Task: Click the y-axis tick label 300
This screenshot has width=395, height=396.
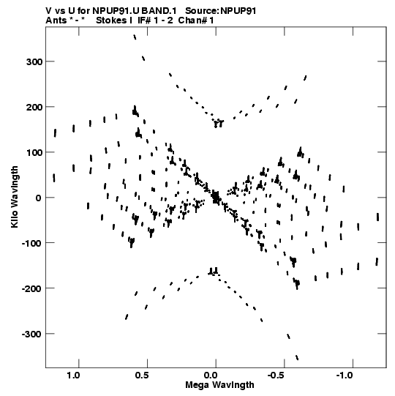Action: pos(34,62)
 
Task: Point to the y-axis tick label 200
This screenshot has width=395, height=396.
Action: pos(34,108)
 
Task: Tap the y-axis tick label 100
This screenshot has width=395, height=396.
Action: pos(34,152)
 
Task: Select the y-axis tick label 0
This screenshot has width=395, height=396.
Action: pos(39,198)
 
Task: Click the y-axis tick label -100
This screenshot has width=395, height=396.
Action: pos(32,244)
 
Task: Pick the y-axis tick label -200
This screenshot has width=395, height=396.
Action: pos(32,288)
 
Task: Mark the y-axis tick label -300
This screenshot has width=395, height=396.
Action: pos(32,334)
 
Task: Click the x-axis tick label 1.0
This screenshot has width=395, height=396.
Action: pos(73,376)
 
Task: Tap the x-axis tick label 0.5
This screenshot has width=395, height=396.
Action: pos(142,376)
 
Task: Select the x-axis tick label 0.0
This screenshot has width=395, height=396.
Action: pos(210,376)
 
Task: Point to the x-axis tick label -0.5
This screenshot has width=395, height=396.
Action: pos(277,376)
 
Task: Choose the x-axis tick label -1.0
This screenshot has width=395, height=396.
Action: pos(345,376)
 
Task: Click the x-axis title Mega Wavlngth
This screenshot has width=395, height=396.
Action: pos(219,385)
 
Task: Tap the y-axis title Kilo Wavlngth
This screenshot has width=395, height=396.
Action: pos(15,197)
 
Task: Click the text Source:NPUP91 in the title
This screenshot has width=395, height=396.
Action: pos(221,11)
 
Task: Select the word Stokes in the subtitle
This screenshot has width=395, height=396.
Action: pos(111,20)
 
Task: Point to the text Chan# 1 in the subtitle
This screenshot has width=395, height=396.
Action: pos(196,20)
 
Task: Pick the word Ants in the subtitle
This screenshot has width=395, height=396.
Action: pos(56,20)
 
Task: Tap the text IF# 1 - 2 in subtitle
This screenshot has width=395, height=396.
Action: pos(155,20)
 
